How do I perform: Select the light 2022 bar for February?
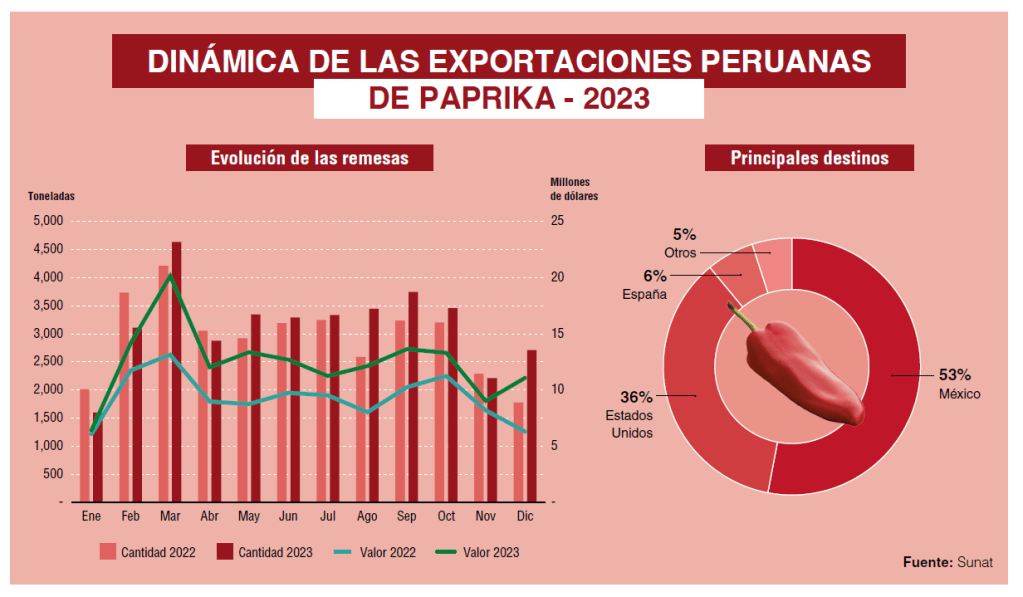tap(124, 400)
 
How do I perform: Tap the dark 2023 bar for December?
tap(532, 430)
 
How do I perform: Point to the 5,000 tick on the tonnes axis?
tap(48, 221)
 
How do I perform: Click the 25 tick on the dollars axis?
tap(557, 221)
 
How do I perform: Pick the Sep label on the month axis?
tap(406, 517)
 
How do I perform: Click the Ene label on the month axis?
tap(91, 517)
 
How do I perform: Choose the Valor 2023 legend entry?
tap(491, 552)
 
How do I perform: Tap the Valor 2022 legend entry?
tap(389, 552)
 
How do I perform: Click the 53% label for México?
tap(954, 375)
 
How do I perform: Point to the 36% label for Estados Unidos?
tap(636, 397)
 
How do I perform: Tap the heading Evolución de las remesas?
tap(309, 158)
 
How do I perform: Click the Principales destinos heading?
tap(809, 158)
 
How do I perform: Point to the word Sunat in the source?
tap(975, 562)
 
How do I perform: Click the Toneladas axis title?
tap(51, 196)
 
